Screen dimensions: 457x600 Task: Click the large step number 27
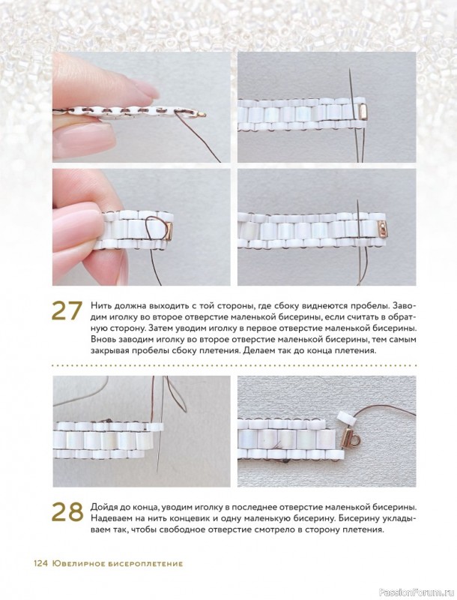[67, 310]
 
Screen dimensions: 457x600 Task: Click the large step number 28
[67, 511]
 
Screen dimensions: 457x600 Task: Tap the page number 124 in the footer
[40, 563]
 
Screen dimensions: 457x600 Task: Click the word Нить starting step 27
[100, 307]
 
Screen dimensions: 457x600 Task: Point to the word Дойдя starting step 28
[103, 508]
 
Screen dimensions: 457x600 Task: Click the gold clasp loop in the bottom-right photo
[357, 442]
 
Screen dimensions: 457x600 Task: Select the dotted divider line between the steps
[234, 366]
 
